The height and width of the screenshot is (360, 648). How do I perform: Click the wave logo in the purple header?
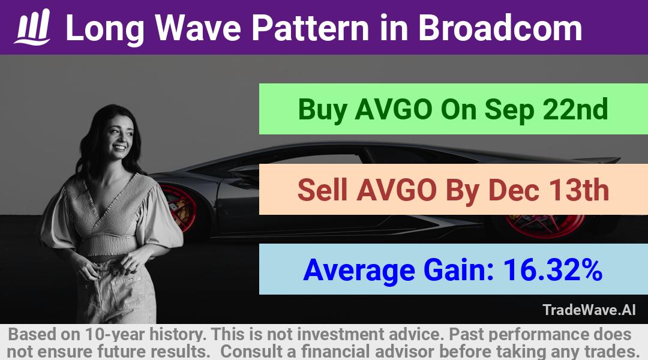coord(32,27)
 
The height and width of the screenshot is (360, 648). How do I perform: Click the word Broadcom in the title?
coord(500,28)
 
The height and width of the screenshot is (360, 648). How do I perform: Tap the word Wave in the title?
coord(199,28)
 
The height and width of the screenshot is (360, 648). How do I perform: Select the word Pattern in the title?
coord(311,28)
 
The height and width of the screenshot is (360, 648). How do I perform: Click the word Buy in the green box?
coord(322,110)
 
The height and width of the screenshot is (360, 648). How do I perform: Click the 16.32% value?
coord(553,270)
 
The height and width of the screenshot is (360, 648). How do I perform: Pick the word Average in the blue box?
coord(359,271)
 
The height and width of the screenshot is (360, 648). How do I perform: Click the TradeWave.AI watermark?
coord(589,310)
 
